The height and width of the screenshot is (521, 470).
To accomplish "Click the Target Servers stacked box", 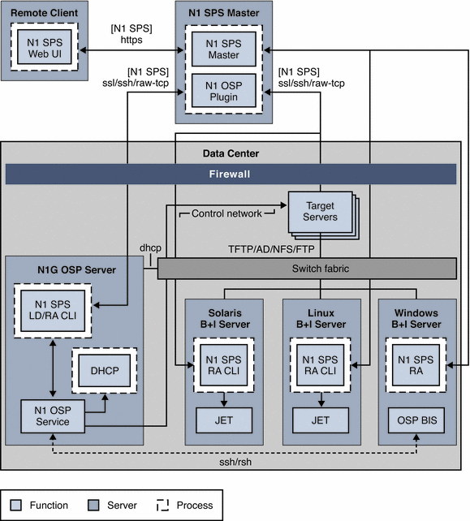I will click(320, 213).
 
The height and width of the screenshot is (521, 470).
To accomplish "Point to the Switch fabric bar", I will click(306, 269).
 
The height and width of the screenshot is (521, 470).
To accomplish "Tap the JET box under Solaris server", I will click(222, 420).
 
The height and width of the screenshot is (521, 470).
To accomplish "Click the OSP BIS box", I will click(416, 420).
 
